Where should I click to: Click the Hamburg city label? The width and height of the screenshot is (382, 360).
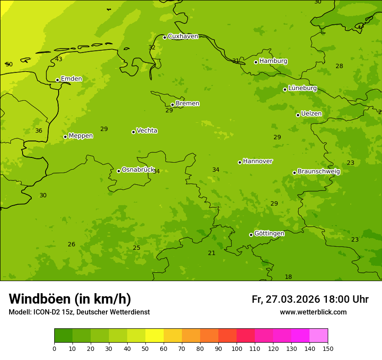pos(273,61)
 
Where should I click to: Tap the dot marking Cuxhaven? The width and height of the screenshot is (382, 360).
pos(165,37)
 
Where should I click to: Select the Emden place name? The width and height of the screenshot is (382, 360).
pos(71,79)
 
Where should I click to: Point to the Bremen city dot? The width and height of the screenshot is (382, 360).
pos(172,105)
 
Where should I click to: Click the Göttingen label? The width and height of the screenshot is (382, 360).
pos(269,234)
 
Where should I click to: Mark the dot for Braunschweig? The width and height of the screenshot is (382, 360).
pos(294,173)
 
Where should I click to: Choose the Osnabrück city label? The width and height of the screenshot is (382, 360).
pos(138,170)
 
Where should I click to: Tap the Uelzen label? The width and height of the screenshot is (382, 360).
pos(311,114)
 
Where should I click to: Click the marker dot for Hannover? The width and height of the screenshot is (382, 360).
pos(240,162)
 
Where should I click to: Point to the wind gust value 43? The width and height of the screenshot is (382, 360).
pos(59,59)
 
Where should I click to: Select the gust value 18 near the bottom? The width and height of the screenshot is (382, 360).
pos(288,277)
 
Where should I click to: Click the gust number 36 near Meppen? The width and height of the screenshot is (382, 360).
pos(39,131)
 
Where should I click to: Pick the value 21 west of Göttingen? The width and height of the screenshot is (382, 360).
pos(211,253)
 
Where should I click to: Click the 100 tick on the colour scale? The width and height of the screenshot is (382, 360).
pos(237,348)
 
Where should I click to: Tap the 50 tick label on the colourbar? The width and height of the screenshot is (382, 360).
pos(145,348)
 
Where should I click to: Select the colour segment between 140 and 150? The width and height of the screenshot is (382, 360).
pos(319,336)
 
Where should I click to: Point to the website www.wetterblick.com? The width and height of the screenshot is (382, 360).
pos(313,312)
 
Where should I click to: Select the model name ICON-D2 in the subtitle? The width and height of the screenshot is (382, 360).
pos(46,312)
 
